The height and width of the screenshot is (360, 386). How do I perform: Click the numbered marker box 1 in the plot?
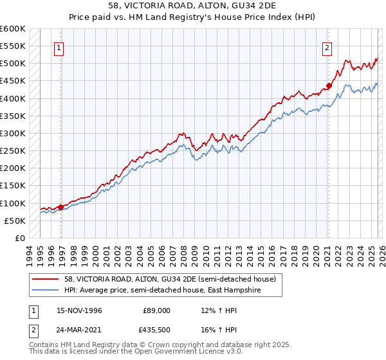[x=59, y=47]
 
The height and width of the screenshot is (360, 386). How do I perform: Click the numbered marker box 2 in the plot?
[x=327, y=47]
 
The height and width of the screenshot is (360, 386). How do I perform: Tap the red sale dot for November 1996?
[x=61, y=207]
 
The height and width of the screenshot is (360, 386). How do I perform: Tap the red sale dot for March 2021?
[x=329, y=85]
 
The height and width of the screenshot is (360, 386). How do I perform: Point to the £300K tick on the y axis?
[x=13, y=133]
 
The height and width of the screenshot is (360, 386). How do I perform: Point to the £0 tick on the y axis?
[x=19, y=238]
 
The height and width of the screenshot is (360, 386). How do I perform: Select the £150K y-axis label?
[x=13, y=186]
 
